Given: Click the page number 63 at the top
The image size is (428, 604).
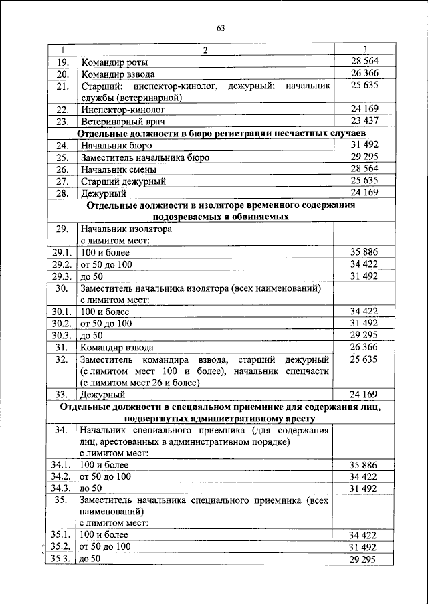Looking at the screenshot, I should (221, 27).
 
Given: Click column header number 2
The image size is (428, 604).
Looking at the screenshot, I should (205, 50).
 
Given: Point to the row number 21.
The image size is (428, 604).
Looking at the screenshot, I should (62, 86).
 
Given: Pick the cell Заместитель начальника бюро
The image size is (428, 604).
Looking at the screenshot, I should (145, 157).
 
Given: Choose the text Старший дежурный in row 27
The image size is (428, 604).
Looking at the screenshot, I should (123, 181).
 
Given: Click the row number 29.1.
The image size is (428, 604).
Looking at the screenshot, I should (62, 252).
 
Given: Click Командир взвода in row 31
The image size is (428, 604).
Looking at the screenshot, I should (117, 347).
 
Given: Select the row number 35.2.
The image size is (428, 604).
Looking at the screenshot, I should (62, 547).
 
